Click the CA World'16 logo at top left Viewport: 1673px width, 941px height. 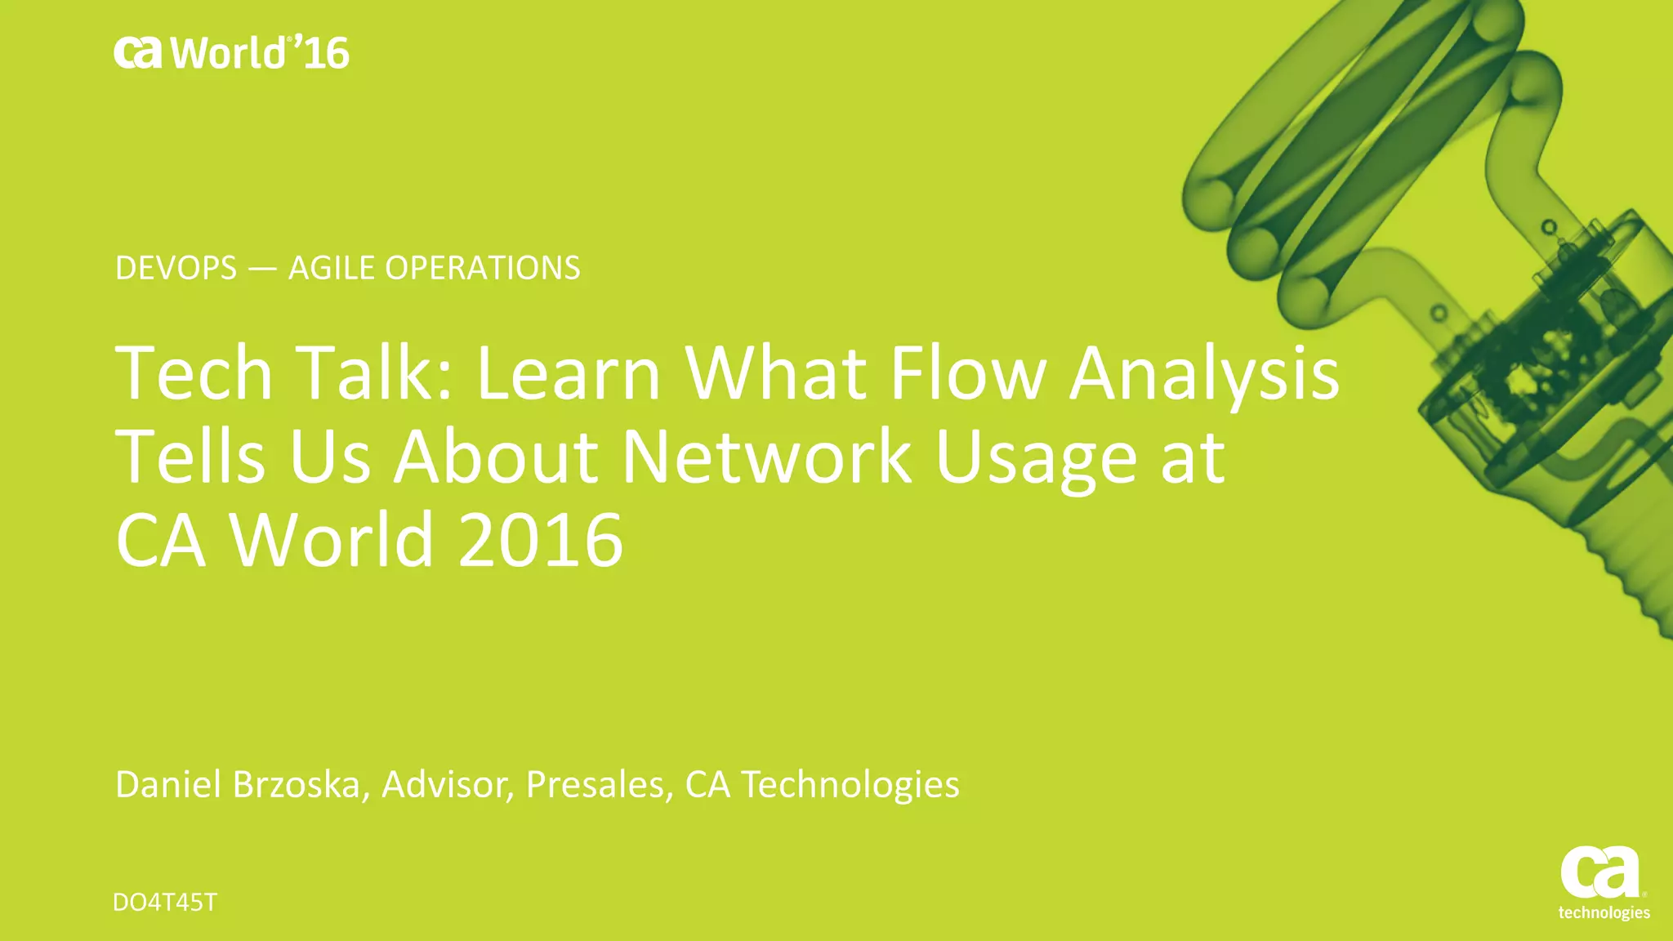(231, 53)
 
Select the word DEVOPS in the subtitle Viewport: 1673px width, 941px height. (176, 268)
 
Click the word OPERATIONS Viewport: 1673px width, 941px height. (482, 268)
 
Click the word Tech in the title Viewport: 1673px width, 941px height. (194, 373)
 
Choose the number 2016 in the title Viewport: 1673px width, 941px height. (541, 540)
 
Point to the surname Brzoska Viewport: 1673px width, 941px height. (296, 784)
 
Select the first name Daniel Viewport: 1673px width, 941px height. (168, 784)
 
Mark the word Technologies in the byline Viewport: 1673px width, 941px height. (850, 786)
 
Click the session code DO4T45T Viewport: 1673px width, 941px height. (165, 903)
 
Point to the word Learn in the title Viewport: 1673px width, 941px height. (568, 373)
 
